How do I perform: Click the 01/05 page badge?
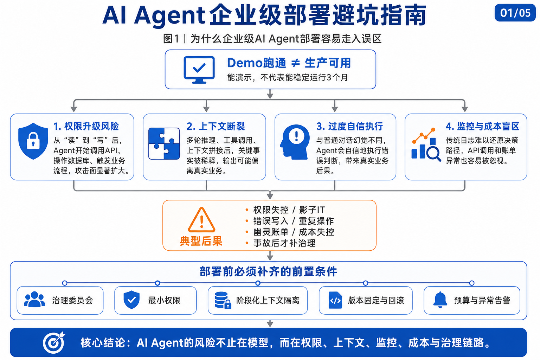tap(515, 13)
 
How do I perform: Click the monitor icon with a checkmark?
tap(199, 70)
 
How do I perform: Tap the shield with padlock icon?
tap(33, 141)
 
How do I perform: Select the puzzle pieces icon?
tap(164, 143)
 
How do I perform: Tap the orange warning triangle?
tap(201, 220)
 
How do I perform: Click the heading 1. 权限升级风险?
tap(86, 126)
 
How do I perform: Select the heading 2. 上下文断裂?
tap(216, 126)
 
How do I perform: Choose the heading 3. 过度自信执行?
tap(349, 126)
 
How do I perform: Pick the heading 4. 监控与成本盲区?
tap(482, 126)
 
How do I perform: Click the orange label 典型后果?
tap(201, 241)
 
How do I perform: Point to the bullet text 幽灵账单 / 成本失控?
tap(294, 232)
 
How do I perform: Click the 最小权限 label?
tap(164, 301)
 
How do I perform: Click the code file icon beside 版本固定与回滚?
tap(335, 300)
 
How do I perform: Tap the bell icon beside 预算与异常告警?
tap(440, 300)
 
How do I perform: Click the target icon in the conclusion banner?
tap(54, 342)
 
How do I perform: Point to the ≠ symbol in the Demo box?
tap(295, 63)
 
